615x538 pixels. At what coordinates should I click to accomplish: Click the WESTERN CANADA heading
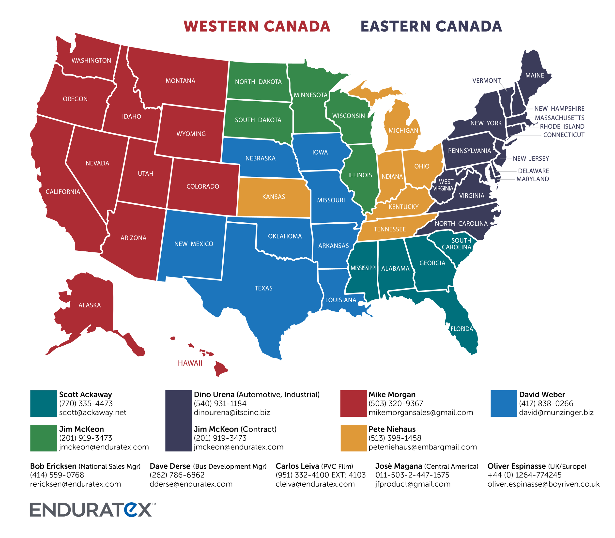tap(257, 26)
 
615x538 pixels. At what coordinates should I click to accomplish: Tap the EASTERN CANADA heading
tap(431, 26)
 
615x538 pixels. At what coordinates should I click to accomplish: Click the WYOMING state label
tap(191, 134)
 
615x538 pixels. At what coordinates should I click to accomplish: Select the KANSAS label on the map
tap(274, 197)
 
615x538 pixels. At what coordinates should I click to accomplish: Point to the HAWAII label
tap(190, 363)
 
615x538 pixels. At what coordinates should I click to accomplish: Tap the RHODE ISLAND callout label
tap(562, 126)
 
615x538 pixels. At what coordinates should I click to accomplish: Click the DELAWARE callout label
tap(533, 171)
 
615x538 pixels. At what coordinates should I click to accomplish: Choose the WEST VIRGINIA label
tap(444, 185)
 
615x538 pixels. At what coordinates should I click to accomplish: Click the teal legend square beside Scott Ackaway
tap(44, 403)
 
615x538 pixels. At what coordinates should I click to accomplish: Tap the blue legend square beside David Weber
tap(504, 403)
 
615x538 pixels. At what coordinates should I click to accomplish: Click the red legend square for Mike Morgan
tap(353, 403)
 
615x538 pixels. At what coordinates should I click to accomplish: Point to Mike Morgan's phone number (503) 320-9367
tap(396, 403)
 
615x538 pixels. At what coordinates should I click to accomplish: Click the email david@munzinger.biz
tap(556, 413)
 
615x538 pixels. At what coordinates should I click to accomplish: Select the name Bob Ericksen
tap(53, 466)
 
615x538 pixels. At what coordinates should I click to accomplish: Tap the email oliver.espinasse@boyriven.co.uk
tap(543, 484)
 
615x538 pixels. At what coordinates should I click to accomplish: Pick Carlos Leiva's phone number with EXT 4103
tap(320, 475)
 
